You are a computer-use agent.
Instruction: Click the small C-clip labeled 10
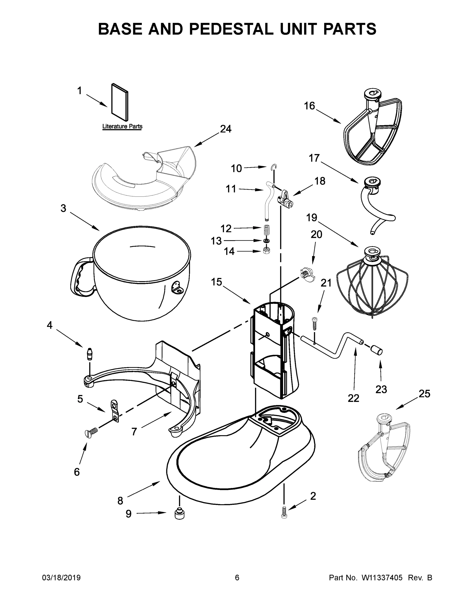(x=273, y=168)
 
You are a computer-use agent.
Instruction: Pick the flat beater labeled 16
(x=372, y=128)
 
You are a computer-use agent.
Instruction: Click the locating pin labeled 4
(x=90, y=354)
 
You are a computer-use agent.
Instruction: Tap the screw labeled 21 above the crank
(x=315, y=324)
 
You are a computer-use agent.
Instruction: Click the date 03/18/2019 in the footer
(x=61, y=577)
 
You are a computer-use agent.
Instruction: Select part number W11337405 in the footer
(x=382, y=577)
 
